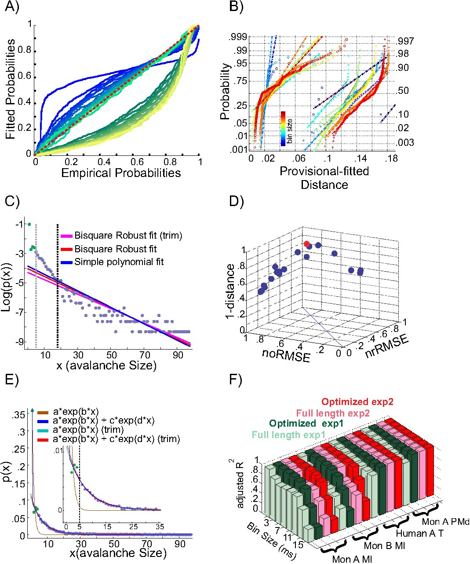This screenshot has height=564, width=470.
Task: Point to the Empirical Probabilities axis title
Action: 121,173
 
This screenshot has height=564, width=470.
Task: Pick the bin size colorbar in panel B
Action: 284,128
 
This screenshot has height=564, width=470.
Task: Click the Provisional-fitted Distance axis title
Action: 324,178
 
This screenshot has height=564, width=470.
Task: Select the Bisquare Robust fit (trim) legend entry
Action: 128,236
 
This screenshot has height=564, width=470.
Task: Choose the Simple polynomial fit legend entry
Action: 119,262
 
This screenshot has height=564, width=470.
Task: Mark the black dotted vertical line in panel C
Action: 58,286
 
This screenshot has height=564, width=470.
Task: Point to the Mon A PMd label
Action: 444,522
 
